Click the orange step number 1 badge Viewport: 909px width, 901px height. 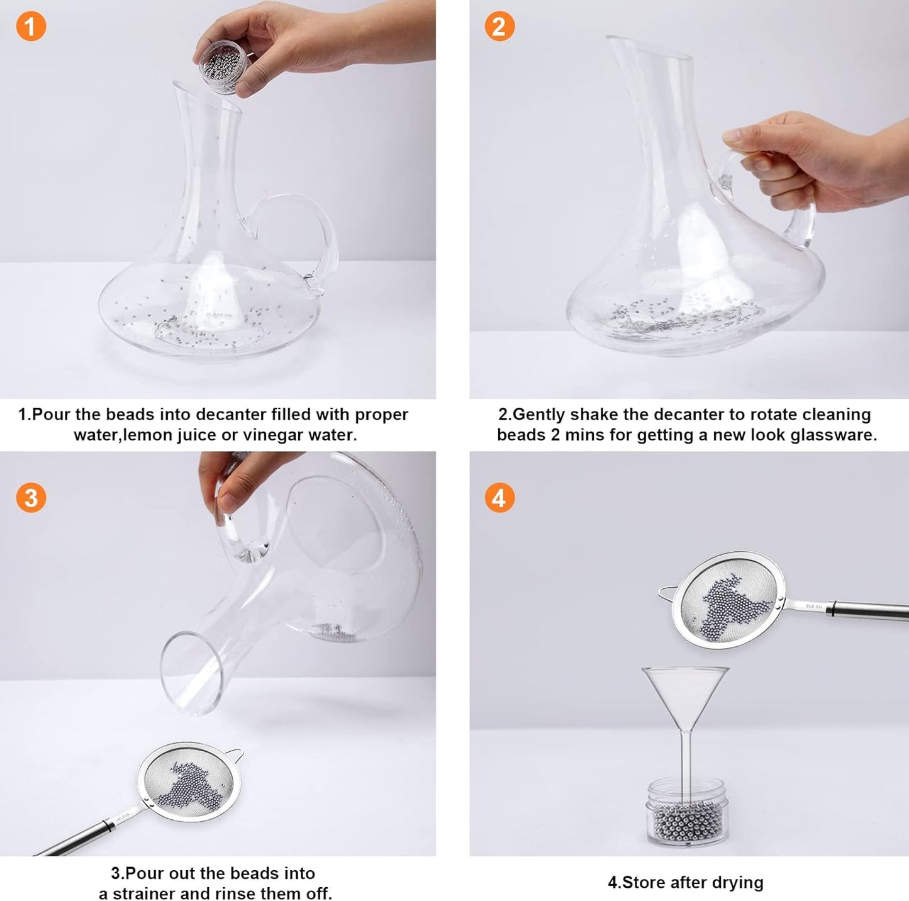(31, 26)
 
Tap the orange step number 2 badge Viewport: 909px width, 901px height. (499, 26)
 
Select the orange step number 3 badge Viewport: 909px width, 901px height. (31, 498)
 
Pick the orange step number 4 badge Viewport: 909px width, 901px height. (499, 498)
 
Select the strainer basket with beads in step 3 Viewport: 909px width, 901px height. (189, 782)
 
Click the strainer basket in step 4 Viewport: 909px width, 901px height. (728, 600)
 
